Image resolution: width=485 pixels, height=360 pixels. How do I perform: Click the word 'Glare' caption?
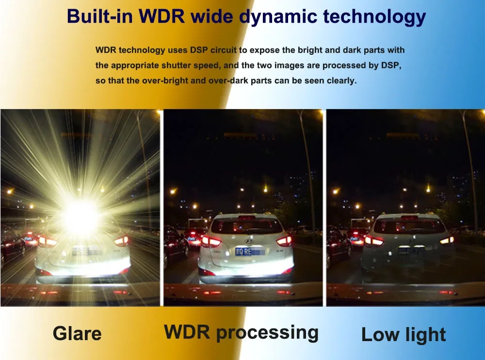point(77,333)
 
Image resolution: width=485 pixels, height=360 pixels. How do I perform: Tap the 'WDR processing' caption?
point(241,332)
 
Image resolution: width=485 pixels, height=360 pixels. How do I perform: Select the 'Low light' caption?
point(404,335)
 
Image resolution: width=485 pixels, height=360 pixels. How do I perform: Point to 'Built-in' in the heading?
point(99,16)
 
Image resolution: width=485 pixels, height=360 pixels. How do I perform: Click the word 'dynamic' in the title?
point(279,17)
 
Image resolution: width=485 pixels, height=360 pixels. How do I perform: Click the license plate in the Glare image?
point(86,251)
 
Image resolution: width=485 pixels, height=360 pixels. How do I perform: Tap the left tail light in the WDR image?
point(211,241)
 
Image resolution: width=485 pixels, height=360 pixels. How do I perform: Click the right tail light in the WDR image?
point(284,241)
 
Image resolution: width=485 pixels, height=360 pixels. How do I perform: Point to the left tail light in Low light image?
point(374,240)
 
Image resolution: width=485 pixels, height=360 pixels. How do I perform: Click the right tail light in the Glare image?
point(122,241)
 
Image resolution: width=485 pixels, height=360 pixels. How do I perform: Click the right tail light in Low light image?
point(447,240)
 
